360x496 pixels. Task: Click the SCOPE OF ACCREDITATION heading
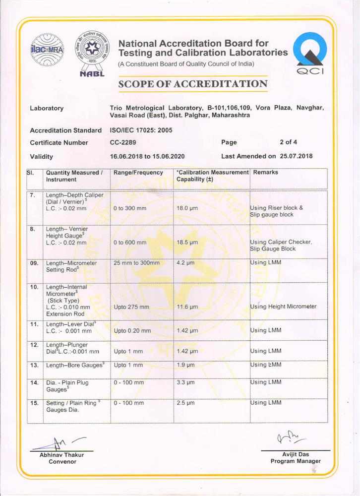pos(193,84)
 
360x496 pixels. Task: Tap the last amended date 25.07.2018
pos(296,156)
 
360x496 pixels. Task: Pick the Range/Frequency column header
pos(138,173)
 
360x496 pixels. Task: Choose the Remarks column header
pos(266,173)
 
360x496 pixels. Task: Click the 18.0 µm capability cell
pos(187,208)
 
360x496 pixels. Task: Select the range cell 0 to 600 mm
pos(130,243)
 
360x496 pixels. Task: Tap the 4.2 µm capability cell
pos(185,263)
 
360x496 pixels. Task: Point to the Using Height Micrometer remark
pos(283,307)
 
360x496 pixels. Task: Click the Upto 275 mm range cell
pos(131,307)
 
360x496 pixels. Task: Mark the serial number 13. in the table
pos(34,365)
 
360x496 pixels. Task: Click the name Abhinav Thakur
pos(62,455)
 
